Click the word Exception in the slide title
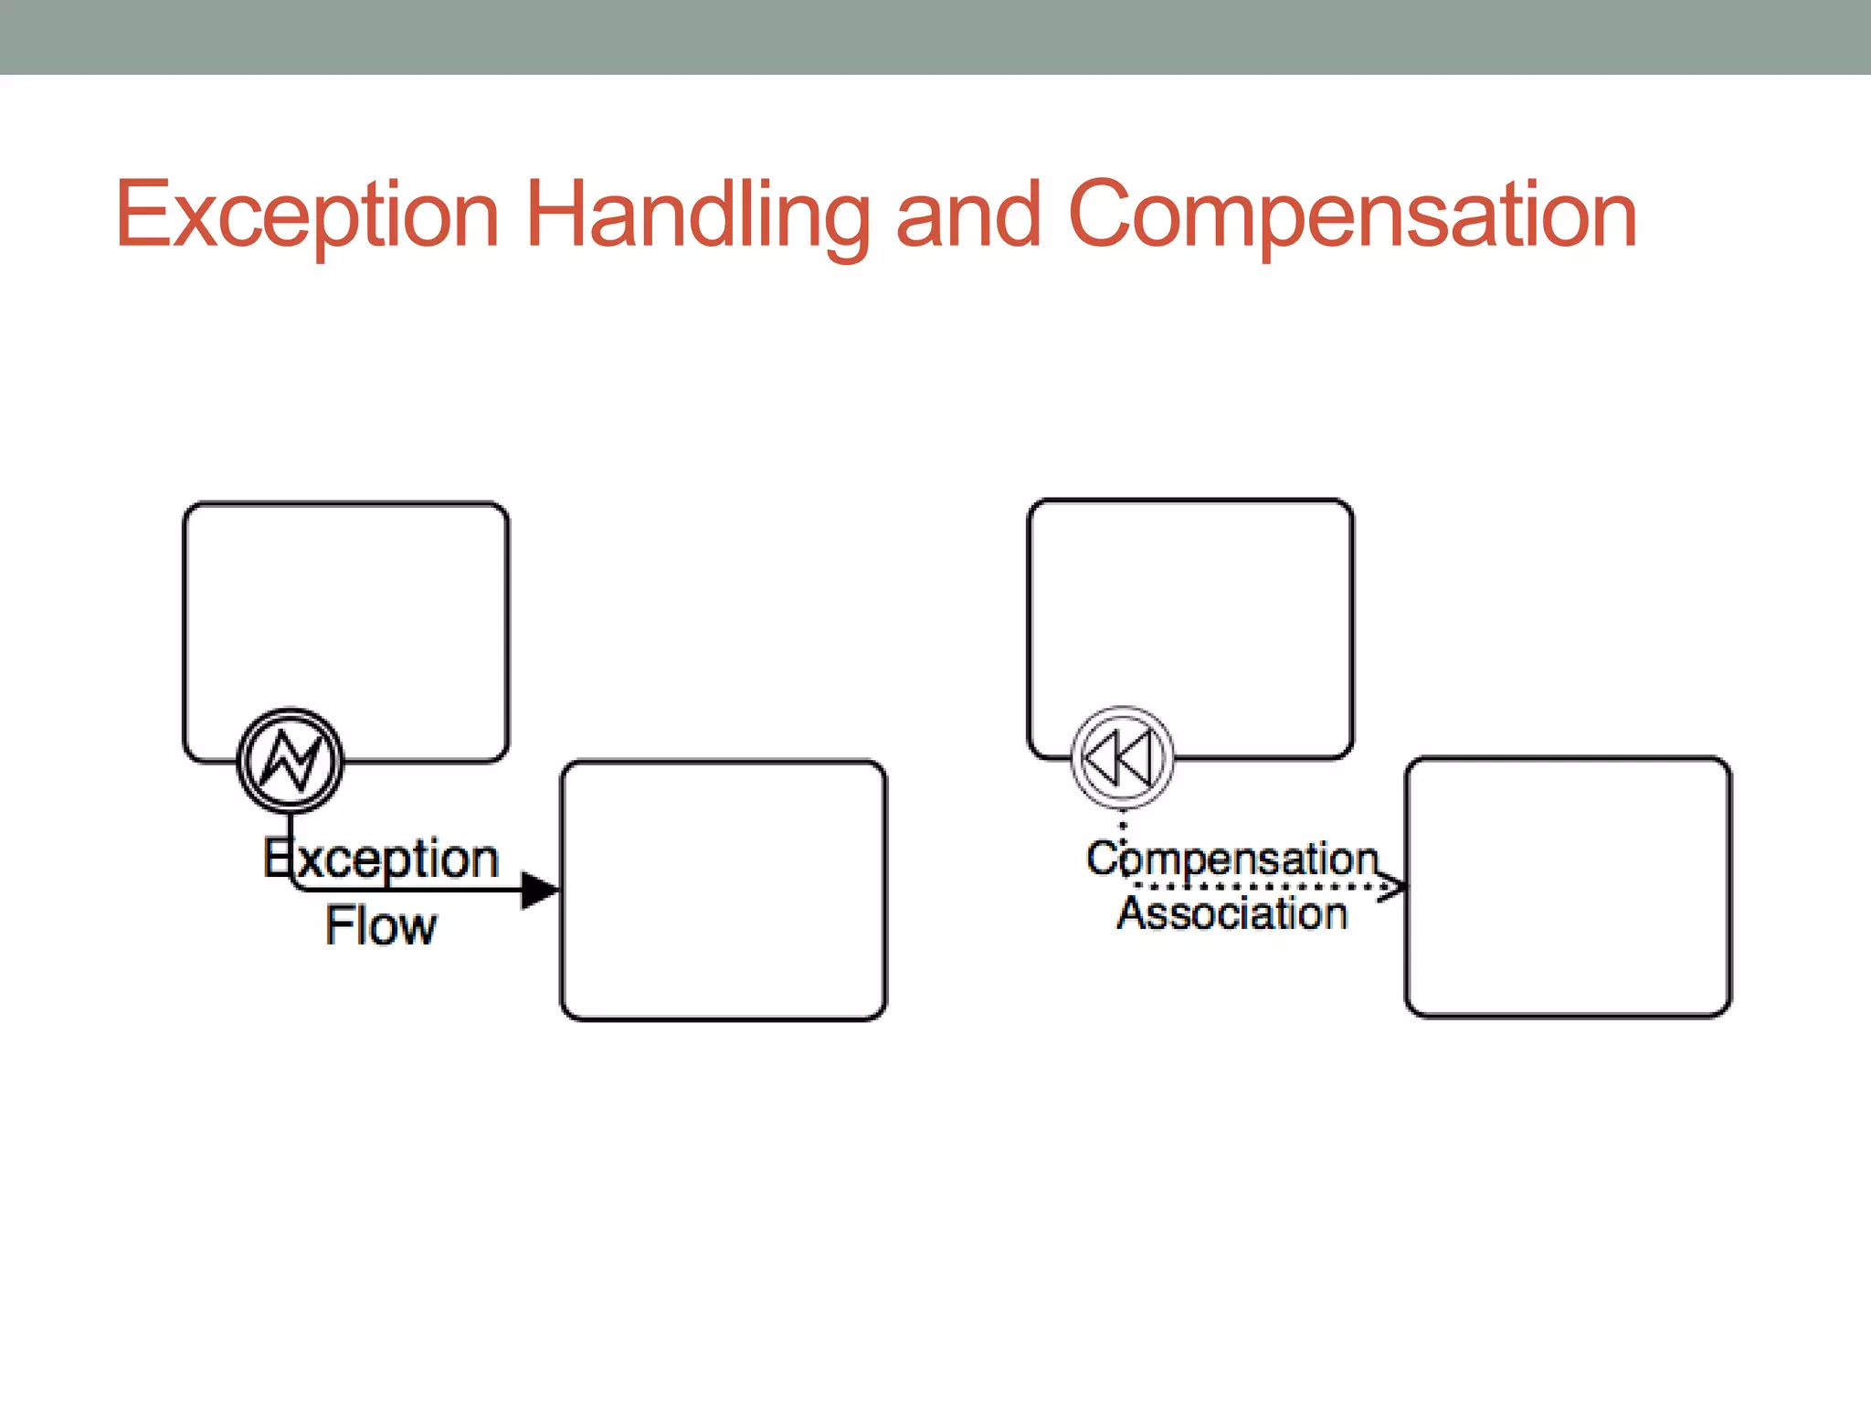[x=307, y=216]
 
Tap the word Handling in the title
[x=698, y=216]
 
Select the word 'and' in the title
[x=968, y=216]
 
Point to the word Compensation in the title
[x=1352, y=216]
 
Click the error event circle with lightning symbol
[x=291, y=761]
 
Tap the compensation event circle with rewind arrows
[x=1122, y=758]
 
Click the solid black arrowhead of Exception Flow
[x=539, y=890]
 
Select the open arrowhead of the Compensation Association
[x=1392, y=886]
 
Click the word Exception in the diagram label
[x=381, y=859]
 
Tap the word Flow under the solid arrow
[x=381, y=926]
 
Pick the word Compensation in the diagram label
[x=1231, y=859]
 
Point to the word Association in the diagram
[x=1231, y=913]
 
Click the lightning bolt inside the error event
[x=291, y=761]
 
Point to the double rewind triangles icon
[x=1116, y=758]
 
